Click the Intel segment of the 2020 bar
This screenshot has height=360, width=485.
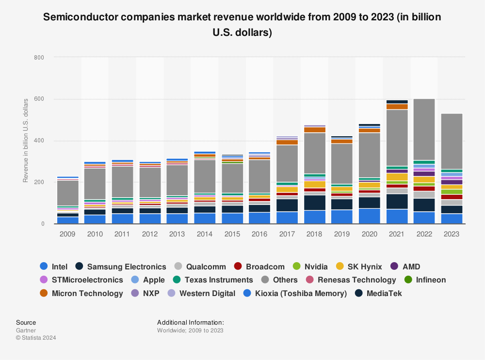coord(370,216)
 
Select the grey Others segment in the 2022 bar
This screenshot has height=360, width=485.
coord(424,129)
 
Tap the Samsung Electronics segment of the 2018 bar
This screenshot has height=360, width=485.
coord(315,203)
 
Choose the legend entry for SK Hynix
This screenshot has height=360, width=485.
coord(359,266)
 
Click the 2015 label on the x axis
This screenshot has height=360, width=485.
coord(233,234)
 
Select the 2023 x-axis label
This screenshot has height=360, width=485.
coord(452,234)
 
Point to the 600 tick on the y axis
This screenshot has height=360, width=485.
coord(39,99)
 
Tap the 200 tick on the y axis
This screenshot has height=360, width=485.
coord(39,182)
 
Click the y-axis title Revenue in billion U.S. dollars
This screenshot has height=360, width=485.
coord(26,141)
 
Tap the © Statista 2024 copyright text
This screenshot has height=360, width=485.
coord(36,338)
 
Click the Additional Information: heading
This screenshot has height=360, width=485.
coord(190,322)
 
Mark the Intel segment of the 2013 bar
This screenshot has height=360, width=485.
coord(178,219)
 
